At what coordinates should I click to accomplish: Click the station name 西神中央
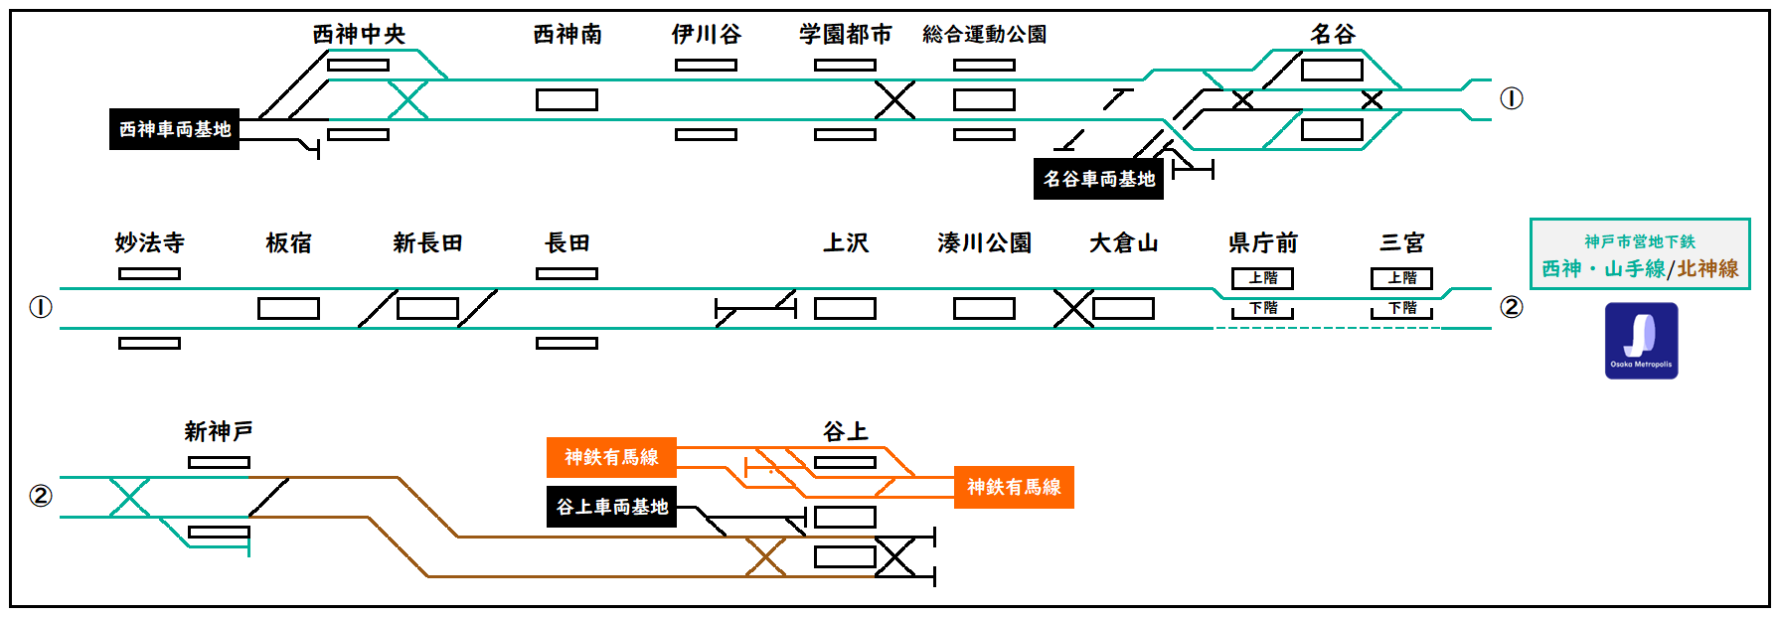coord(359,35)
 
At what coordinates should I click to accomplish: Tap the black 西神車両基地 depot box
coord(174,129)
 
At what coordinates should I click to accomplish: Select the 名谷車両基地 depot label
coord(1098,179)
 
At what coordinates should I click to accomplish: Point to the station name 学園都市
coord(845,35)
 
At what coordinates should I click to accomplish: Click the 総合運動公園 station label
coord(984,35)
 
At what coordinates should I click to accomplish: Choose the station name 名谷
coord(1332,35)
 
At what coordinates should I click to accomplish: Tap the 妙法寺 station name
coord(149,243)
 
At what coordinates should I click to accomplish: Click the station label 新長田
coord(427,243)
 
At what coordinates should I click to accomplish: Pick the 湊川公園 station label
coord(984,243)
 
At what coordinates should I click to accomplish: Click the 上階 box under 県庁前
coord(1262,278)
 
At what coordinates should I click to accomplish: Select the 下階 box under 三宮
coord(1401,309)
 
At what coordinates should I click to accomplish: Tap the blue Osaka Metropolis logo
coord(1641,341)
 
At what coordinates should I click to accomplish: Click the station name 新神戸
coord(219,432)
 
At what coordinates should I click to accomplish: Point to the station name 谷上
coord(845,432)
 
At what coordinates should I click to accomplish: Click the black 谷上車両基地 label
coord(611,507)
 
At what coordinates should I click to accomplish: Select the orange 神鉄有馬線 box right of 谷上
coord(1014,487)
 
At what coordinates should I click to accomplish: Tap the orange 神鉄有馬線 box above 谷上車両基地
coord(611,457)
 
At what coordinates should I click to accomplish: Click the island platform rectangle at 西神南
coord(566,99)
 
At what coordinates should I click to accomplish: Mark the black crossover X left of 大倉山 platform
coord(1073,308)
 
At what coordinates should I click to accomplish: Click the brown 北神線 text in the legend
coord(1707,268)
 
